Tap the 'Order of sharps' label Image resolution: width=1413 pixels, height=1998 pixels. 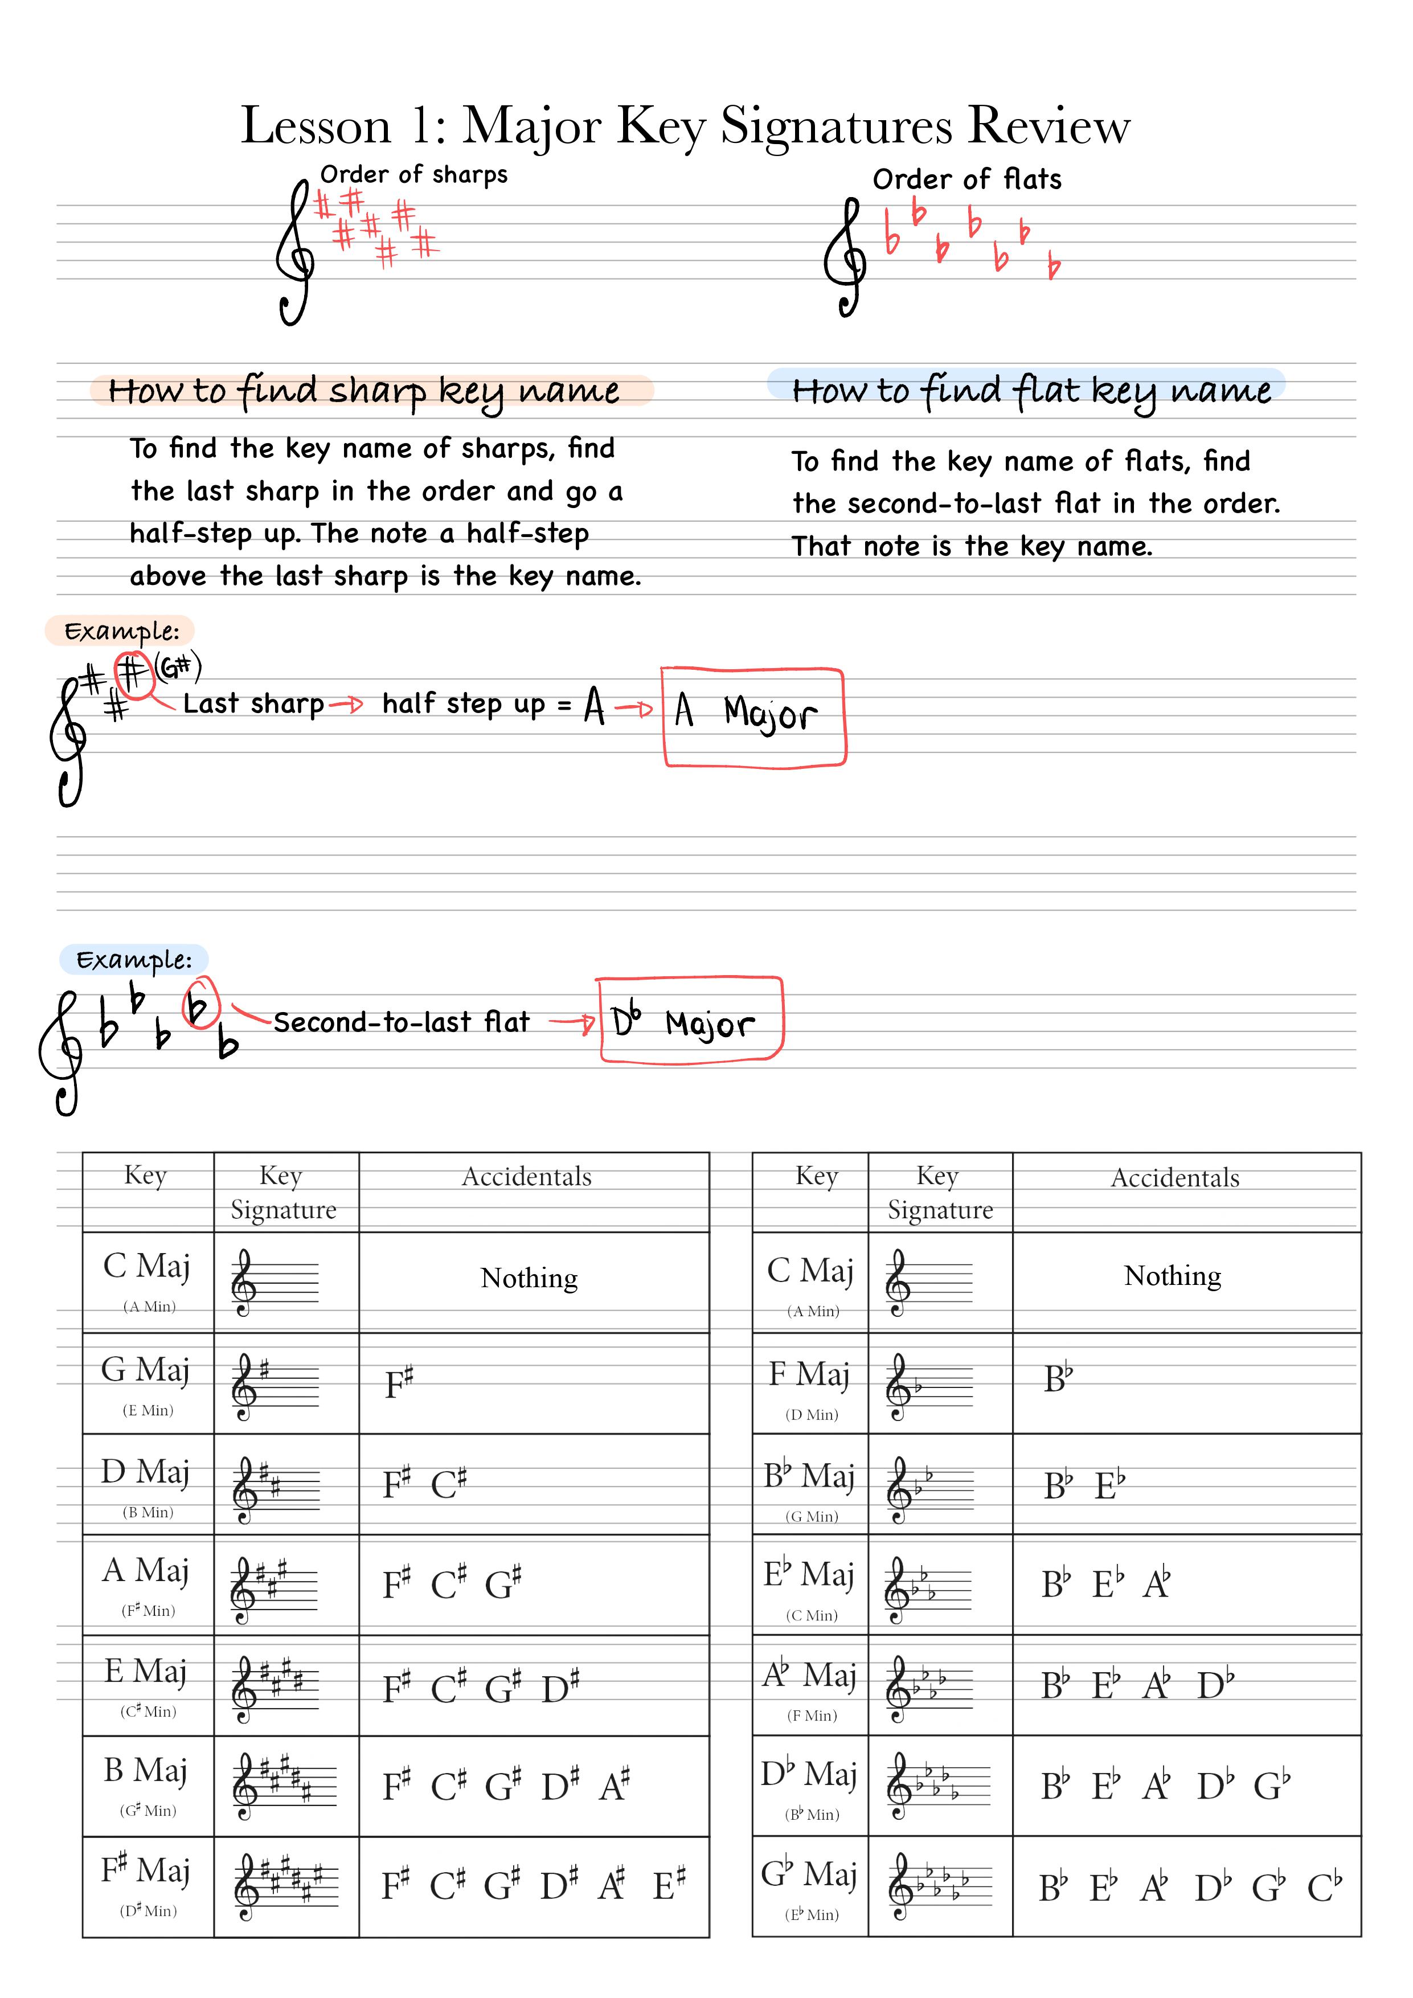[413, 175]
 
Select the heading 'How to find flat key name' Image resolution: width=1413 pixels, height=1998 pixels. [1031, 391]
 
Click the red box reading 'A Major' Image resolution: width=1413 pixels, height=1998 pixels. [753, 717]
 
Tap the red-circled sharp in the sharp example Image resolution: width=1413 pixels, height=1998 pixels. [133, 674]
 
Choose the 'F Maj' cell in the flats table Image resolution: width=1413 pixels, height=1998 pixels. [809, 1385]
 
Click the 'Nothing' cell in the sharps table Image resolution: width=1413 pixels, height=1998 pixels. [529, 1278]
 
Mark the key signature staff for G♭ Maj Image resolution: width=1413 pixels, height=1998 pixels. [940, 1886]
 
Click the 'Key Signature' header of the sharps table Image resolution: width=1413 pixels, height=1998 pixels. [283, 1192]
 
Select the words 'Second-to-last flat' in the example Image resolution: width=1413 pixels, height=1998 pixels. [401, 1022]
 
